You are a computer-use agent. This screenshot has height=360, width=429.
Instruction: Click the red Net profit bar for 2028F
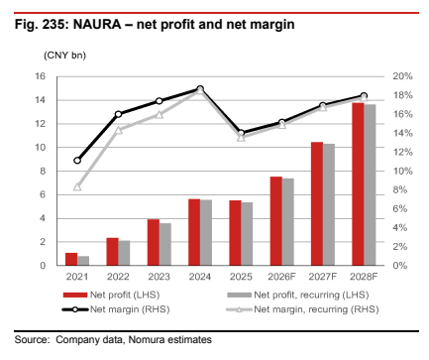click(x=358, y=184)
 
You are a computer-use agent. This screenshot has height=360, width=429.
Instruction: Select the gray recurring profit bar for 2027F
click(x=329, y=204)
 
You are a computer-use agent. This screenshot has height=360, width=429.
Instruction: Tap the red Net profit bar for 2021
click(x=71, y=259)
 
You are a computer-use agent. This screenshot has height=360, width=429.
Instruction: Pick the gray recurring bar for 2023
click(x=165, y=244)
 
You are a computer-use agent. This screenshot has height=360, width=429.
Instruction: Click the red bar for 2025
click(x=235, y=233)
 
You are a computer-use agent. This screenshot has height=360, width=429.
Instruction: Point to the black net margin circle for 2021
click(x=77, y=161)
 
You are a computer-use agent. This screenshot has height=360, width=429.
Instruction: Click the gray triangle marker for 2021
click(x=77, y=187)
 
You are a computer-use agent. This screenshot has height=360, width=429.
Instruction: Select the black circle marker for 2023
click(x=160, y=101)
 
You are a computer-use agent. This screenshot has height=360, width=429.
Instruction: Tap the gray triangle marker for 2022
click(x=119, y=130)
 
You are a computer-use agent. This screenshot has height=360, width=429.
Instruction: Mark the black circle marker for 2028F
click(x=364, y=95)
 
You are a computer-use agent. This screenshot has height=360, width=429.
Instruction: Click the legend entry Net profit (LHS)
click(x=111, y=295)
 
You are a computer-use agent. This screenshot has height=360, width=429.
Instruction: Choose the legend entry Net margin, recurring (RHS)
click(x=302, y=309)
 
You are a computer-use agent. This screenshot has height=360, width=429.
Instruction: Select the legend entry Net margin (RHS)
click(x=116, y=309)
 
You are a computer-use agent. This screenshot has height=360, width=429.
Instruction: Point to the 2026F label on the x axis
click(x=281, y=277)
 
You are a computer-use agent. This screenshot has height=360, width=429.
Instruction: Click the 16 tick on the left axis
click(x=40, y=76)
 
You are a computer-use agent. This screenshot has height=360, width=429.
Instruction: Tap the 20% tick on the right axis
click(x=402, y=76)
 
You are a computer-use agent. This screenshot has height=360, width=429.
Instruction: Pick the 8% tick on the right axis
click(x=399, y=189)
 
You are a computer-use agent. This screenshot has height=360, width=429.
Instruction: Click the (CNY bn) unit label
click(x=64, y=56)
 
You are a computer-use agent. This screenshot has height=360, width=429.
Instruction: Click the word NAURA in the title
click(x=97, y=25)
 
